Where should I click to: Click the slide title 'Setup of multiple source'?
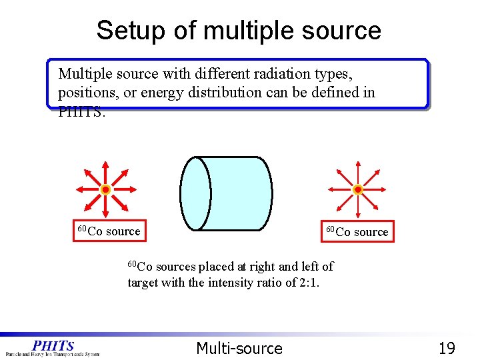[239, 31]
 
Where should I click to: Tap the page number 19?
[447, 348]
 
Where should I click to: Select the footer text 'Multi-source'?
[239, 348]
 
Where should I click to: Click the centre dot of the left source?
[105, 190]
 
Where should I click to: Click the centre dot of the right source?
[358, 190]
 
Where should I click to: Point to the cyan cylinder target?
[233, 193]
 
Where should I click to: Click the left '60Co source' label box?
[109, 231]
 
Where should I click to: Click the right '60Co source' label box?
[357, 231]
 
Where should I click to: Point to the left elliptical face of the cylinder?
[195, 193]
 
